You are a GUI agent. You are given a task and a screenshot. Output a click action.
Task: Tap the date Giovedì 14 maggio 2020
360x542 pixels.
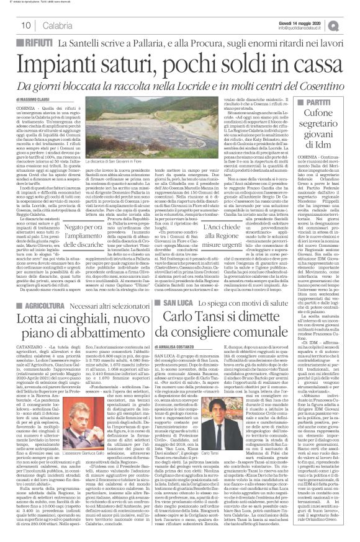[x=310, y=20]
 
